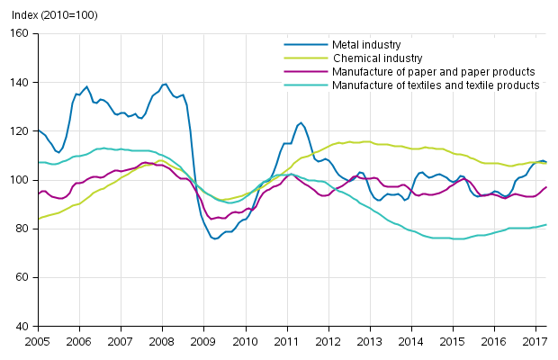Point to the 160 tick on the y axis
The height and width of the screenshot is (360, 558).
coord(20,34)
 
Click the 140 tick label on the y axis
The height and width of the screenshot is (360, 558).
coord(20,83)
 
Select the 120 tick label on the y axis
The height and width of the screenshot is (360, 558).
coord(20,131)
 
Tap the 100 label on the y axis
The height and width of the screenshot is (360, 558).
coord(20,180)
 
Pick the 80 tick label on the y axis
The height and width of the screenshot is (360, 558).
coord(22,229)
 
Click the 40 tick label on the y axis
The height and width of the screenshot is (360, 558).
coord(22,326)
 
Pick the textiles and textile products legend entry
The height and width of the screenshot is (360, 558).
coord(436,85)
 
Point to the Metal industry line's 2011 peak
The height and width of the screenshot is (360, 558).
coord(301,122)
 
